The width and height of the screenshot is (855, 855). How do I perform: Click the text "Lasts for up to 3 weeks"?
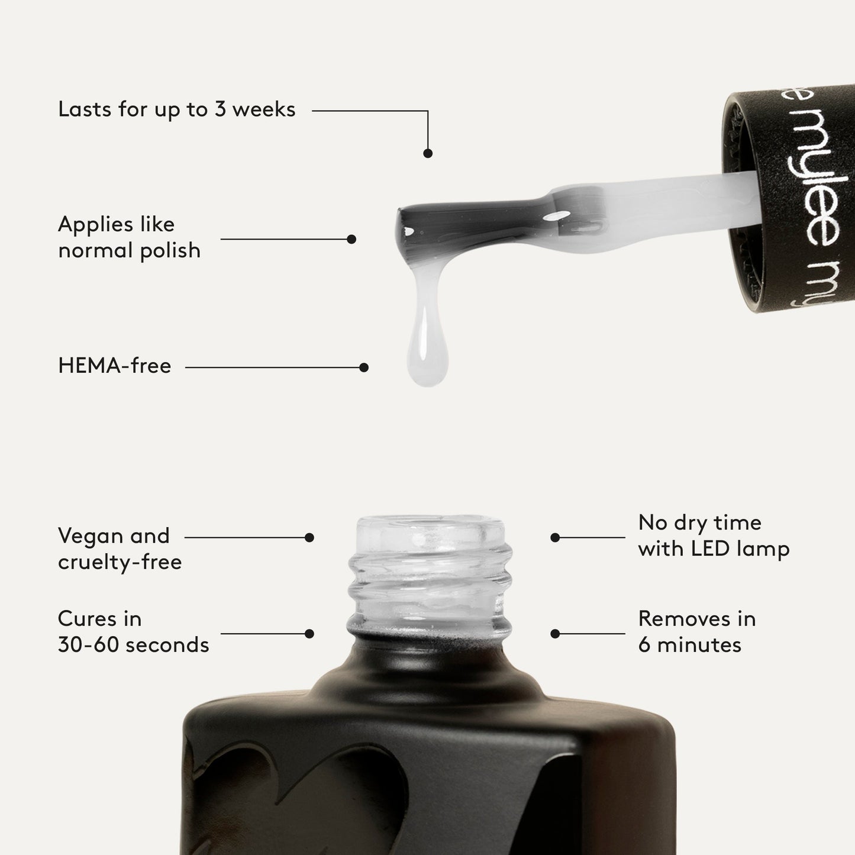[x=176, y=110]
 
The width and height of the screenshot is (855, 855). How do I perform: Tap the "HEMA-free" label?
[x=115, y=366]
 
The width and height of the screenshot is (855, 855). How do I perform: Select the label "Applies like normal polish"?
[x=129, y=237]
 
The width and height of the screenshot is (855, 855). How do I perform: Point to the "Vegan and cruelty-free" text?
[x=120, y=549]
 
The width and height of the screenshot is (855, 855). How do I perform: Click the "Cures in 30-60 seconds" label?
[x=133, y=632]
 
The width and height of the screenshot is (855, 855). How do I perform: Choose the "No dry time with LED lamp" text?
[x=714, y=535]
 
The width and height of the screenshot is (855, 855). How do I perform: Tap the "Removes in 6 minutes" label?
[x=696, y=632]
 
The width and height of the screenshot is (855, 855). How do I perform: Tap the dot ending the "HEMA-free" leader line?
[x=364, y=367]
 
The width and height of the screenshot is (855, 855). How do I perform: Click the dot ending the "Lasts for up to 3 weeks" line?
[x=428, y=153]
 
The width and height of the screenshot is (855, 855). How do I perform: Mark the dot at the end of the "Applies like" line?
[x=351, y=240]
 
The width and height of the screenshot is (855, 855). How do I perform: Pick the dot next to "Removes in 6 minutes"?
[x=555, y=634]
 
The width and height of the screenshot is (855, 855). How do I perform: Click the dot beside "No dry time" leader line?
[x=555, y=538]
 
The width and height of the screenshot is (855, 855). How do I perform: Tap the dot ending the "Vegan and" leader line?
[x=309, y=538]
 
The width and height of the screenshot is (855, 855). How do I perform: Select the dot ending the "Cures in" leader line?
[x=309, y=634]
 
